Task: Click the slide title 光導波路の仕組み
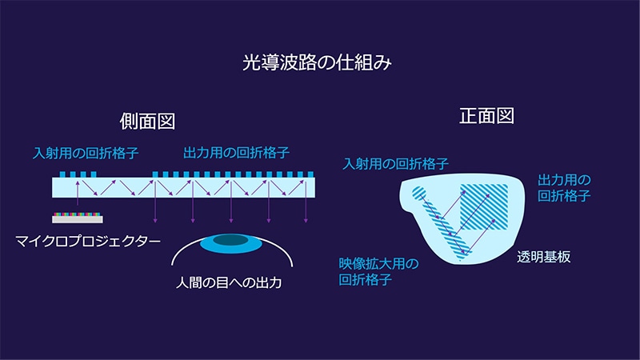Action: [317, 62]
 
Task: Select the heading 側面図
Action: [147, 122]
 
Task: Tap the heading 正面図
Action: [486, 116]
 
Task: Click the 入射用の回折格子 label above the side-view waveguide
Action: [86, 153]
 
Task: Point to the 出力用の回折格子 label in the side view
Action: [236, 153]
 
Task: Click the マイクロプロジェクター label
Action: [88, 241]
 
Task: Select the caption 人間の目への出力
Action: [229, 282]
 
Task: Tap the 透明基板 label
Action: [544, 257]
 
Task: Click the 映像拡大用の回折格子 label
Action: [378, 271]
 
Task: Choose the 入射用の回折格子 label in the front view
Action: [395, 164]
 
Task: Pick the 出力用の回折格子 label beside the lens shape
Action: [564, 188]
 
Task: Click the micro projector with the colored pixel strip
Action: [78, 218]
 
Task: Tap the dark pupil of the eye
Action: [230, 239]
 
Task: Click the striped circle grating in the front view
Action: [418, 193]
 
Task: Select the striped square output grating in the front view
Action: [484, 206]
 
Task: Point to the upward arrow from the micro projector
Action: [78, 193]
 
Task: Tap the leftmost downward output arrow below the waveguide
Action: [155, 202]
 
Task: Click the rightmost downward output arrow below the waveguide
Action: [306, 202]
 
